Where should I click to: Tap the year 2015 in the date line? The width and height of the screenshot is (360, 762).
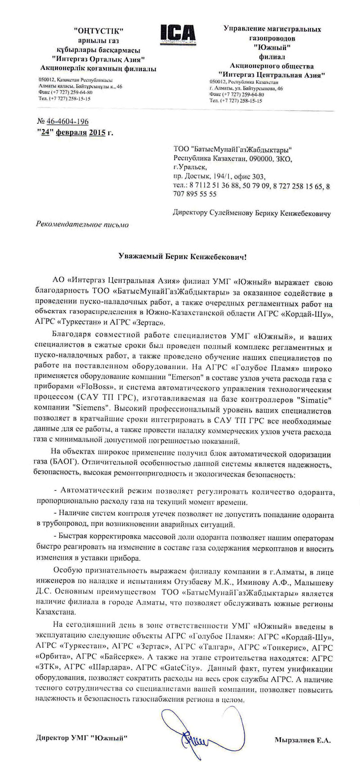97,132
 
